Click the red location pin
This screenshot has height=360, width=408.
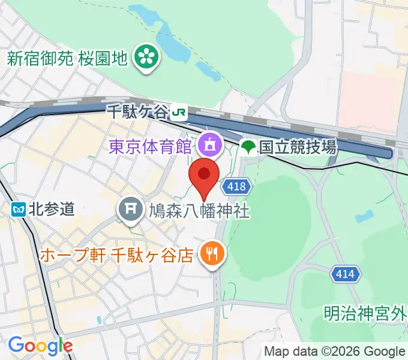point(204,178)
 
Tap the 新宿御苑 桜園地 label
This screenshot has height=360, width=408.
point(67,58)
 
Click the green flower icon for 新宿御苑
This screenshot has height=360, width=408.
point(145,58)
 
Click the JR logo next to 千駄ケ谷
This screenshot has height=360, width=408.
point(178,112)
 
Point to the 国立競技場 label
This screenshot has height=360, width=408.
point(297,146)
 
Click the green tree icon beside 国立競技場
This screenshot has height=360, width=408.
point(248,146)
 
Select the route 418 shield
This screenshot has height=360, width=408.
point(237,187)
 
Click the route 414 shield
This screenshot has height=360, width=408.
point(345,275)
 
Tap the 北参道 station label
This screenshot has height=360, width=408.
point(52,209)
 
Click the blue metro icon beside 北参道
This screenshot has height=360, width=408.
point(19,209)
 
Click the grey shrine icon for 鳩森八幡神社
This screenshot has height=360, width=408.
point(130,209)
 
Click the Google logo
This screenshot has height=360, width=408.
point(40,346)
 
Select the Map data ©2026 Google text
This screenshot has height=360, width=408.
point(335,352)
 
